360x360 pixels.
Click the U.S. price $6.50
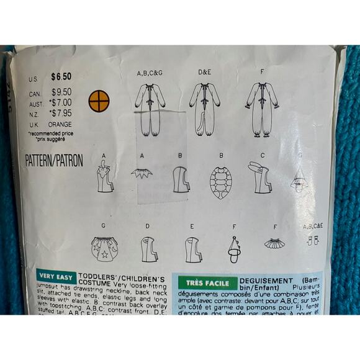click(x=61, y=78)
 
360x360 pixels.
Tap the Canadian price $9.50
click(x=61, y=92)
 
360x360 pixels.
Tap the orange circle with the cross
click(x=99, y=101)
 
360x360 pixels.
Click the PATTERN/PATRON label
click(x=55, y=160)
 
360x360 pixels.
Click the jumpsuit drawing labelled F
click(x=261, y=106)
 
